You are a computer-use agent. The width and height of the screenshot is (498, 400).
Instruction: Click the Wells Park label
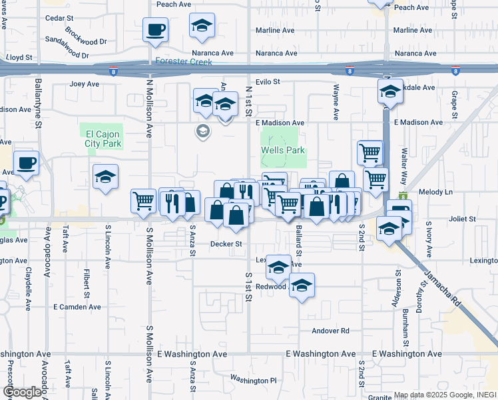point(283,150)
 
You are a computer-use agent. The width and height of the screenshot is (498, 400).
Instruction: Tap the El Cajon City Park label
point(103,138)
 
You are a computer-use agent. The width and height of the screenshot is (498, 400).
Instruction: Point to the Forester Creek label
point(183,62)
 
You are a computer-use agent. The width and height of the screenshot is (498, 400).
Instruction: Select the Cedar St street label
point(59,18)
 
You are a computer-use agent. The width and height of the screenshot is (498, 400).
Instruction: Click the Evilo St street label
point(267,82)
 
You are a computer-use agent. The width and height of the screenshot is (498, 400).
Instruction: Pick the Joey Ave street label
point(84,85)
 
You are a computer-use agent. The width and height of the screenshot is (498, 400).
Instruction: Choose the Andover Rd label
point(330,331)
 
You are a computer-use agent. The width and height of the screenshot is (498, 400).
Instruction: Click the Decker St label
point(226,244)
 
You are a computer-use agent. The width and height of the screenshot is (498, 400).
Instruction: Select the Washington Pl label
point(253,380)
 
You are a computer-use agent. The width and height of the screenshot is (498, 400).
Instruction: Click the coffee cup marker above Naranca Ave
point(155,30)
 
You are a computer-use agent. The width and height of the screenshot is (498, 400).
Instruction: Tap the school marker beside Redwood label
point(302,286)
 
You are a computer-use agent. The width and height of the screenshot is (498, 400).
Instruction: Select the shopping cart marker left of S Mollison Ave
point(143,201)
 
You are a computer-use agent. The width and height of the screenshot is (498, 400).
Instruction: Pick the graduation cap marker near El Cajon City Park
point(105,177)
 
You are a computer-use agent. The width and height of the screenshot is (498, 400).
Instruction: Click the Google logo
point(21,392)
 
